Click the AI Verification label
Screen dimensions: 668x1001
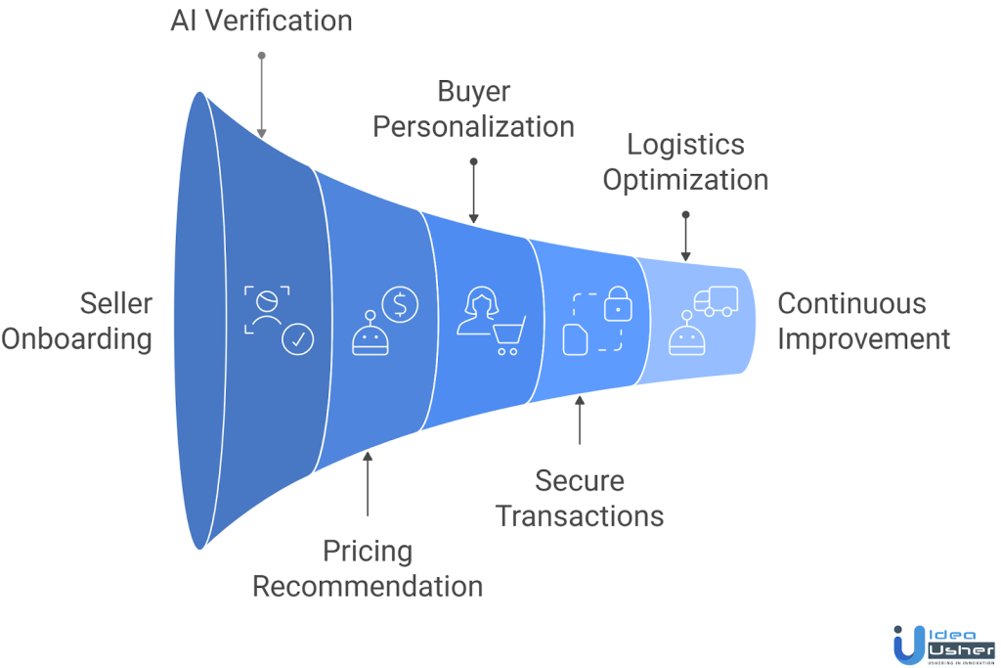tap(261, 20)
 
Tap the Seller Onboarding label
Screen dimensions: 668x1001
tap(77, 321)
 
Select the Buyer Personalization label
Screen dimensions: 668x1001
tap(473, 110)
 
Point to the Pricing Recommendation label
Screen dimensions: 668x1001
tap(368, 568)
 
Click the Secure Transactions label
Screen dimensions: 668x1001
tap(580, 498)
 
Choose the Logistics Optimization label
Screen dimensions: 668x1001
tap(685, 162)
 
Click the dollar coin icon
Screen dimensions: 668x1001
tap(400, 303)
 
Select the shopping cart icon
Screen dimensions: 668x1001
tap(508, 334)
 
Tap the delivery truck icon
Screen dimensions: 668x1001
tap(716, 301)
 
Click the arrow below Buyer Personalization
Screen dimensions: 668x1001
tap(473, 191)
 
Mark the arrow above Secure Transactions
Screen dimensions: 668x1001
tap(580, 420)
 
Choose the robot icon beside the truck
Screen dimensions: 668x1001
tap(685, 333)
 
